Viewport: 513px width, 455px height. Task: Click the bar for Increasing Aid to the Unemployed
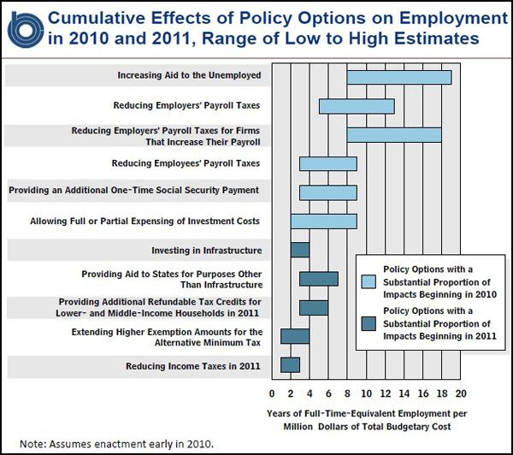(399, 77)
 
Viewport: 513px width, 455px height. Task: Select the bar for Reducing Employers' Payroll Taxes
(357, 106)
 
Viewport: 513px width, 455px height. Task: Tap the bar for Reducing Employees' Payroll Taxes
(328, 163)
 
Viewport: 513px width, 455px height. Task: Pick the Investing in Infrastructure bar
(300, 250)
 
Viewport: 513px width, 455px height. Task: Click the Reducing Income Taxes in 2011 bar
(290, 365)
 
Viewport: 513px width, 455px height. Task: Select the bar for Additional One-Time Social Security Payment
(328, 192)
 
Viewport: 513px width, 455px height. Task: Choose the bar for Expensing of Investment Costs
(323, 222)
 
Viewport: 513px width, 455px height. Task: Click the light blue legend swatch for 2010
(369, 281)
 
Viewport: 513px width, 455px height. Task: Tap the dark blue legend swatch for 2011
(369, 323)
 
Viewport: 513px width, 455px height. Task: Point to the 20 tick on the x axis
(461, 393)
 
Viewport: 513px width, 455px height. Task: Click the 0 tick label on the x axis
(272, 393)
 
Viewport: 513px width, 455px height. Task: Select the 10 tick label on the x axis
(366, 393)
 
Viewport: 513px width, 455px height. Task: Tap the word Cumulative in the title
(97, 18)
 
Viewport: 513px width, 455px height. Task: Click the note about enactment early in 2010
(117, 444)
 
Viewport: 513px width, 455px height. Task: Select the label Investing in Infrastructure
(207, 251)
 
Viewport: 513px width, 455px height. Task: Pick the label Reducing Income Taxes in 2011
(193, 366)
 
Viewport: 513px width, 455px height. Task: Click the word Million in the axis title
(298, 427)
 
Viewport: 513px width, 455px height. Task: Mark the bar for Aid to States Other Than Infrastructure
(319, 279)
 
